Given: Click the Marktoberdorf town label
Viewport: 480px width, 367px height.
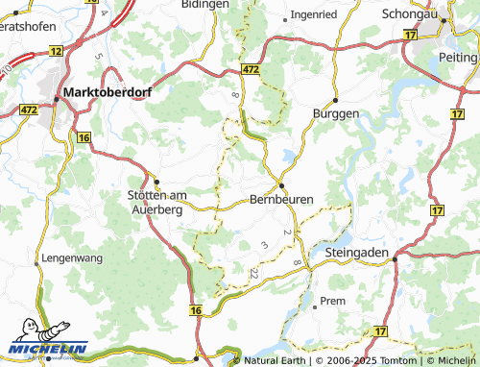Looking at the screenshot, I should (102, 93).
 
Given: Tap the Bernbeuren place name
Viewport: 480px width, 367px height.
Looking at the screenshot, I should (280, 200).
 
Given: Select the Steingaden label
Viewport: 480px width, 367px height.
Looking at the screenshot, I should (358, 252).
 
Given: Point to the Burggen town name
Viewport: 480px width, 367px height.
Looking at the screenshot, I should (336, 113).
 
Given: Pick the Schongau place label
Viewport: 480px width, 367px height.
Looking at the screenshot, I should (409, 15).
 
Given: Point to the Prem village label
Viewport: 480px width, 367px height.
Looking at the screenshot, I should (332, 302).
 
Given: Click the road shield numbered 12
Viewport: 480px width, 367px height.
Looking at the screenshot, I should (57, 50).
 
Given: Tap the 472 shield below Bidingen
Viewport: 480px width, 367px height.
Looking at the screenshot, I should (251, 70).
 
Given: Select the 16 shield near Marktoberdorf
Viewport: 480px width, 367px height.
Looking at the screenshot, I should (84, 138).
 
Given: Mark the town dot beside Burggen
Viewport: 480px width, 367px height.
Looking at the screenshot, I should (336, 99).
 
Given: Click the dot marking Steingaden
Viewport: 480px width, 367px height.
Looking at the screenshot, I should (394, 257).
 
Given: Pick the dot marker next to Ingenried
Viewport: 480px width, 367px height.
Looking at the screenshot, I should (287, 17).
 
